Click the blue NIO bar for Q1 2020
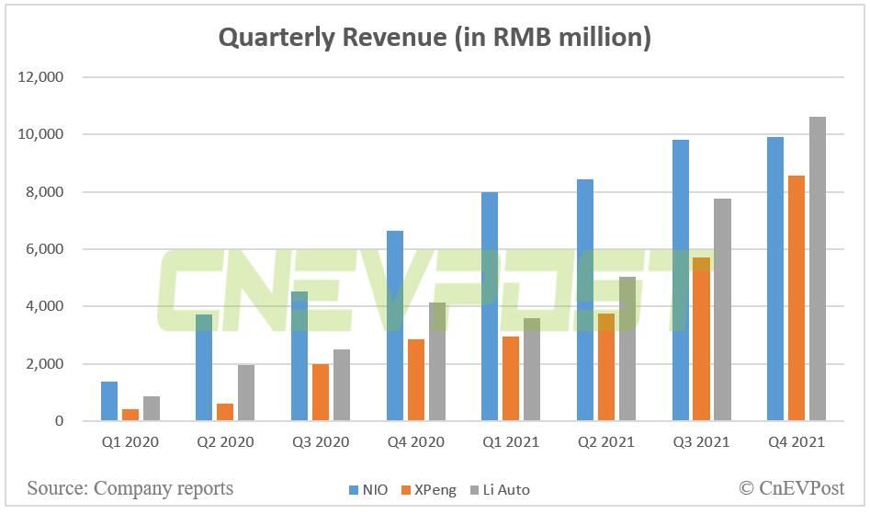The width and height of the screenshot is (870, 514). click(109, 401)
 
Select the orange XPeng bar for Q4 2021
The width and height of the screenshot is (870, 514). click(796, 298)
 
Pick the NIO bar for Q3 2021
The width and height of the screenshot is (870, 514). click(680, 280)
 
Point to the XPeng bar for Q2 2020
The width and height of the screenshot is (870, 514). click(225, 412)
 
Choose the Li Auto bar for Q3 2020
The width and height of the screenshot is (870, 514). click(341, 385)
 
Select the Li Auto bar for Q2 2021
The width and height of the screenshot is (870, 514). click(627, 348)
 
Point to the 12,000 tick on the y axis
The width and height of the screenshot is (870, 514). click(40, 77)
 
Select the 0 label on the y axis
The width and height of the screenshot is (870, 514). click(59, 421)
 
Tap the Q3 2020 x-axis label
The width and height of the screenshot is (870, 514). click(321, 442)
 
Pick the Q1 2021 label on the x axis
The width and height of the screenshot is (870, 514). click(511, 442)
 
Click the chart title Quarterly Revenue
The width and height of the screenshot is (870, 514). click(435, 38)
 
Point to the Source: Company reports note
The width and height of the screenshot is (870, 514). click(130, 487)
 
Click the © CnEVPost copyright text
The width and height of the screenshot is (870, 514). click(791, 487)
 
